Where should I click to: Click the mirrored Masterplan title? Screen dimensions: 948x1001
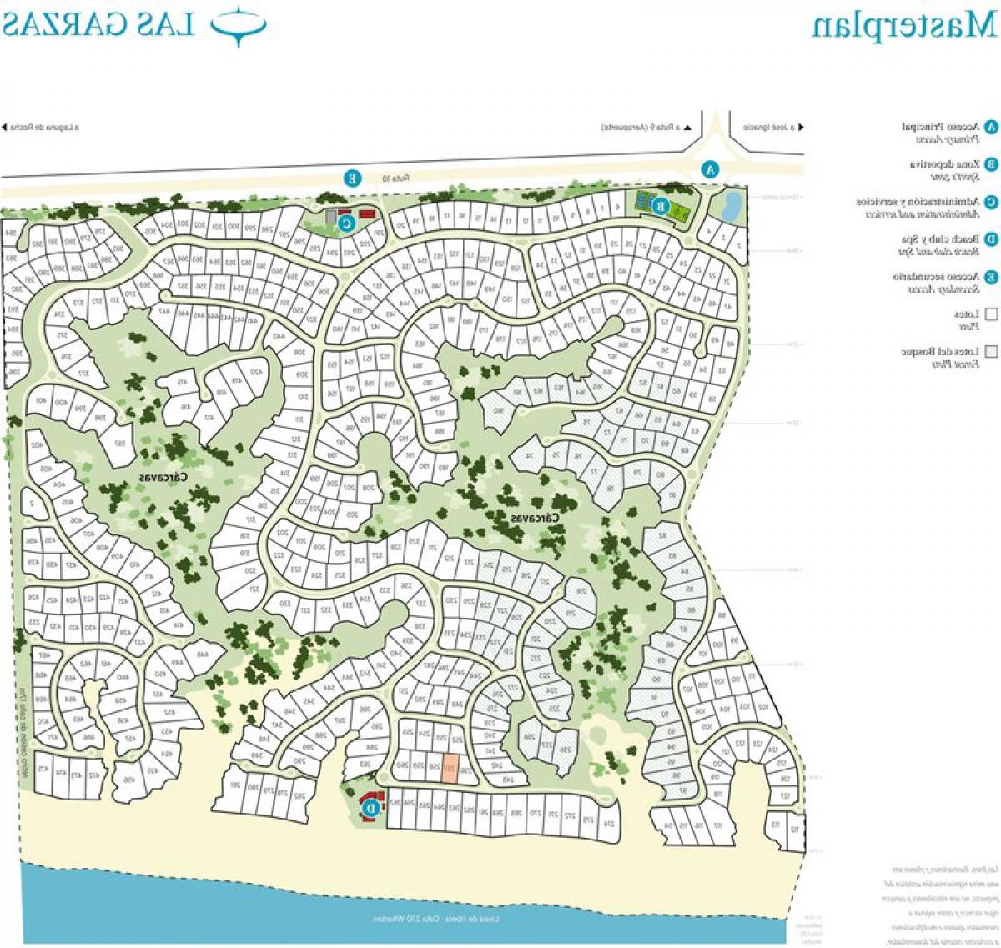[x=904, y=25]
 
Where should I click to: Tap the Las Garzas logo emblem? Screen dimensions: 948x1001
[x=239, y=25]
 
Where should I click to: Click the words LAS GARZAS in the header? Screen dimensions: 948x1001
[x=98, y=25]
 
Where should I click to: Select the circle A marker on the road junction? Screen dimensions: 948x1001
[x=710, y=168]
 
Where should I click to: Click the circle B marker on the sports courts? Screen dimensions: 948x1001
[x=659, y=205]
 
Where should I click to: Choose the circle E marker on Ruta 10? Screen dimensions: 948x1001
[x=353, y=178]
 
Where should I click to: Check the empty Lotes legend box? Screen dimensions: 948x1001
[x=991, y=314]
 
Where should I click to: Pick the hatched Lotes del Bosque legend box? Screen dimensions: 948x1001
[x=991, y=352]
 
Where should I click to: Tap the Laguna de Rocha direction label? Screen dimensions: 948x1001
[x=44, y=128]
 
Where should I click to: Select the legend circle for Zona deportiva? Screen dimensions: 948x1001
[x=991, y=164]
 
